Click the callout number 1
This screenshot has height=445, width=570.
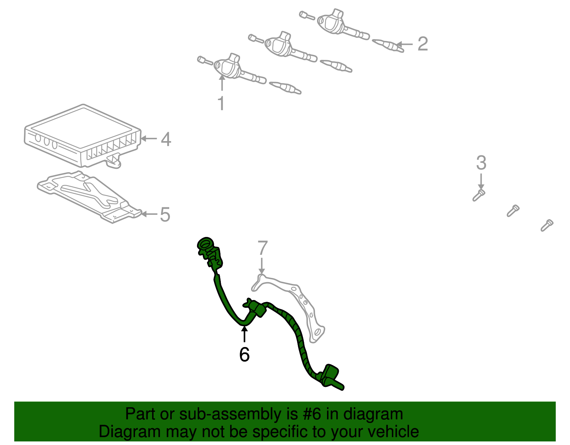click(221, 103)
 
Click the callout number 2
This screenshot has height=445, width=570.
click(423, 44)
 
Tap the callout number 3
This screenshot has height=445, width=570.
click(481, 163)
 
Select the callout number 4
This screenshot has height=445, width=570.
click(166, 139)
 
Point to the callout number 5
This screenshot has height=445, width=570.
click(165, 214)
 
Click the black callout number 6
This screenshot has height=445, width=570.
click(244, 355)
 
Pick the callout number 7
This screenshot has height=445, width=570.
click(263, 248)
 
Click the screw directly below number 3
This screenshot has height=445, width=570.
click(479, 195)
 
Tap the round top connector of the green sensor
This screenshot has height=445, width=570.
click(206, 244)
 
